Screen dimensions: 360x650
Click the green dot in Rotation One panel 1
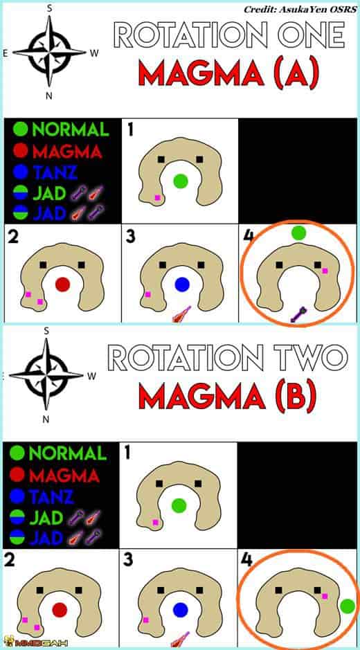click(x=181, y=181)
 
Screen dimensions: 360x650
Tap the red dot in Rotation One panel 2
click(x=62, y=285)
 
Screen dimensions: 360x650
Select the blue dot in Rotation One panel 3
click(x=181, y=285)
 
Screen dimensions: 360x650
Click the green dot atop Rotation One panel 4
click(x=298, y=233)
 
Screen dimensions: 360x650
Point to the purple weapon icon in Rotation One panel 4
click(x=298, y=315)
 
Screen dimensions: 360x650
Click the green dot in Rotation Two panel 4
click(x=347, y=606)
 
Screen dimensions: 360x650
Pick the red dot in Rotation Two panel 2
click(x=60, y=610)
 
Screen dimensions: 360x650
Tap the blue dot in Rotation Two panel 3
click(x=181, y=610)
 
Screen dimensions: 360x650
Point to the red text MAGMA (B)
click(x=227, y=395)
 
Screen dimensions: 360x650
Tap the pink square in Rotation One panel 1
click(x=157, y=198)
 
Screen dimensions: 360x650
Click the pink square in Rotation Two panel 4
click(x=325, y=596)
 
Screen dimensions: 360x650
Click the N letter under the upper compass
click(x=49, y=96)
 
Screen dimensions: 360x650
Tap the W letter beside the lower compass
click(x=91, y=377)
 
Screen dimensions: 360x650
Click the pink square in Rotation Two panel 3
click(x=145, y=620)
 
